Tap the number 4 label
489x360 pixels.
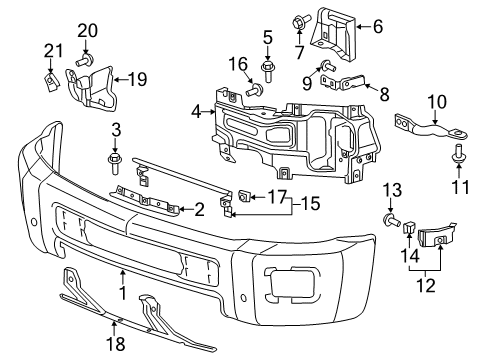[197, 112]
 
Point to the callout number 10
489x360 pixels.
[436, 101]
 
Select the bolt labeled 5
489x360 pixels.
[267, 70]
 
